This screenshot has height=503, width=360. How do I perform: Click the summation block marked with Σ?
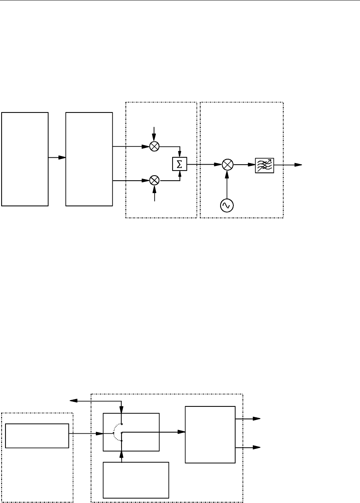180,165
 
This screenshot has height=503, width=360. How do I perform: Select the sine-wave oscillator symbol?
226,205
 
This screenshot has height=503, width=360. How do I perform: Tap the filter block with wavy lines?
264,165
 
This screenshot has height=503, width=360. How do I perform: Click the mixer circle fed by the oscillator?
227,165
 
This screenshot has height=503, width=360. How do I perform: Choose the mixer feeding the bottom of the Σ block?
155,180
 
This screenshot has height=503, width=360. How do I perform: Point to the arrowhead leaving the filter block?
298,165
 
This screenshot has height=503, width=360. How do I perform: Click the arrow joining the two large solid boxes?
57,158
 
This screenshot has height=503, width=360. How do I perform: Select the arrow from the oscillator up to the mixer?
227,183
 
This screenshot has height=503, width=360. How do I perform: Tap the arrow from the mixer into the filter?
245,165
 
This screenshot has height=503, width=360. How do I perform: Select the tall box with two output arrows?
210,434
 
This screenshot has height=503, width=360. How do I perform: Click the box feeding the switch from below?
136,480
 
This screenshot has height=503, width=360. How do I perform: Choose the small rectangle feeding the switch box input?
37,436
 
